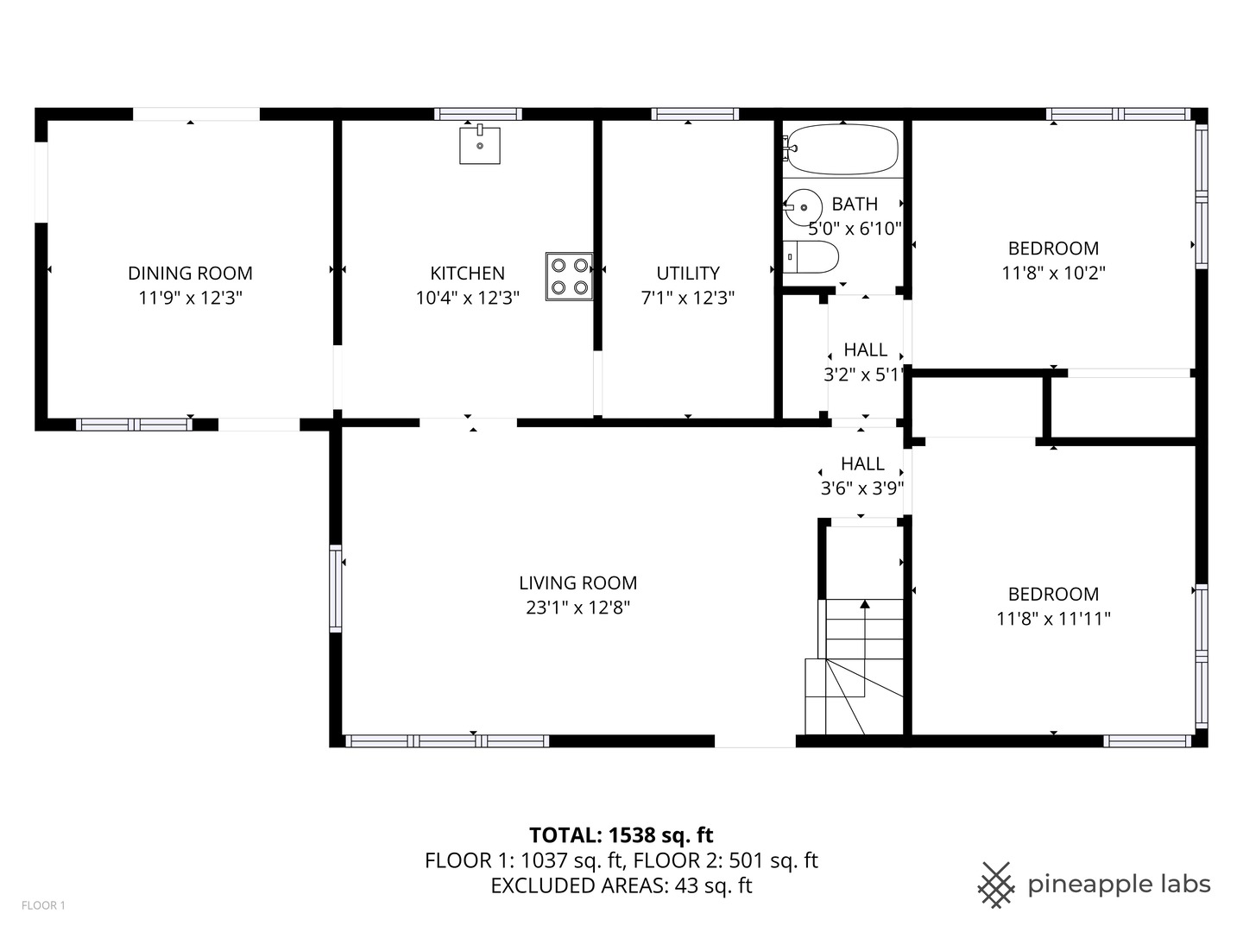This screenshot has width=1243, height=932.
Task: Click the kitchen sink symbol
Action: (x=479, y=145)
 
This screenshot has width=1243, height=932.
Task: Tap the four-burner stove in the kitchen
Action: (x=570, y=276)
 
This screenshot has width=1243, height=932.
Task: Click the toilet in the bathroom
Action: (x=813, y=257)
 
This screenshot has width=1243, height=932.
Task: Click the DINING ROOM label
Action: (x=190, y=274)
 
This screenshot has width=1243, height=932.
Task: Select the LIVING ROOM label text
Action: (x=577, y=583)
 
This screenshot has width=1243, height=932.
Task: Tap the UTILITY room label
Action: (x=688, y=274)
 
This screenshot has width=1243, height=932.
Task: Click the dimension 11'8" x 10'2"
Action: (x=1053, y=273)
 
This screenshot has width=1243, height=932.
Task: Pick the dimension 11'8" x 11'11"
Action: (x=1053, y=619)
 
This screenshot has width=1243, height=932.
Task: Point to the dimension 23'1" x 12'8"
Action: (x=577, y=608)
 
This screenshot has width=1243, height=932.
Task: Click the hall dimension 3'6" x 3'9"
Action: (x=861, y=488)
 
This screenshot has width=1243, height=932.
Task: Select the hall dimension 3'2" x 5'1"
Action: (x=863, y=375)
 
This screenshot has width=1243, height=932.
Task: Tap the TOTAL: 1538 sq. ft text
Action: (x=621, y=834)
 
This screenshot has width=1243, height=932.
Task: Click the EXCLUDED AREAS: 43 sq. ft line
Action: (x=621, y=885)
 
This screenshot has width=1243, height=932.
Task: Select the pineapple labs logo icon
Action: (x=995, y=885)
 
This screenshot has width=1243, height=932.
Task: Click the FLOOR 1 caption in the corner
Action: (x=43, y=905)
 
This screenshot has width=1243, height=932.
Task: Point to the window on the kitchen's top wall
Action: (x=477, y=114)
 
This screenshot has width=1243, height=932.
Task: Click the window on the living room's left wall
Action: (x=335, y=588)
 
